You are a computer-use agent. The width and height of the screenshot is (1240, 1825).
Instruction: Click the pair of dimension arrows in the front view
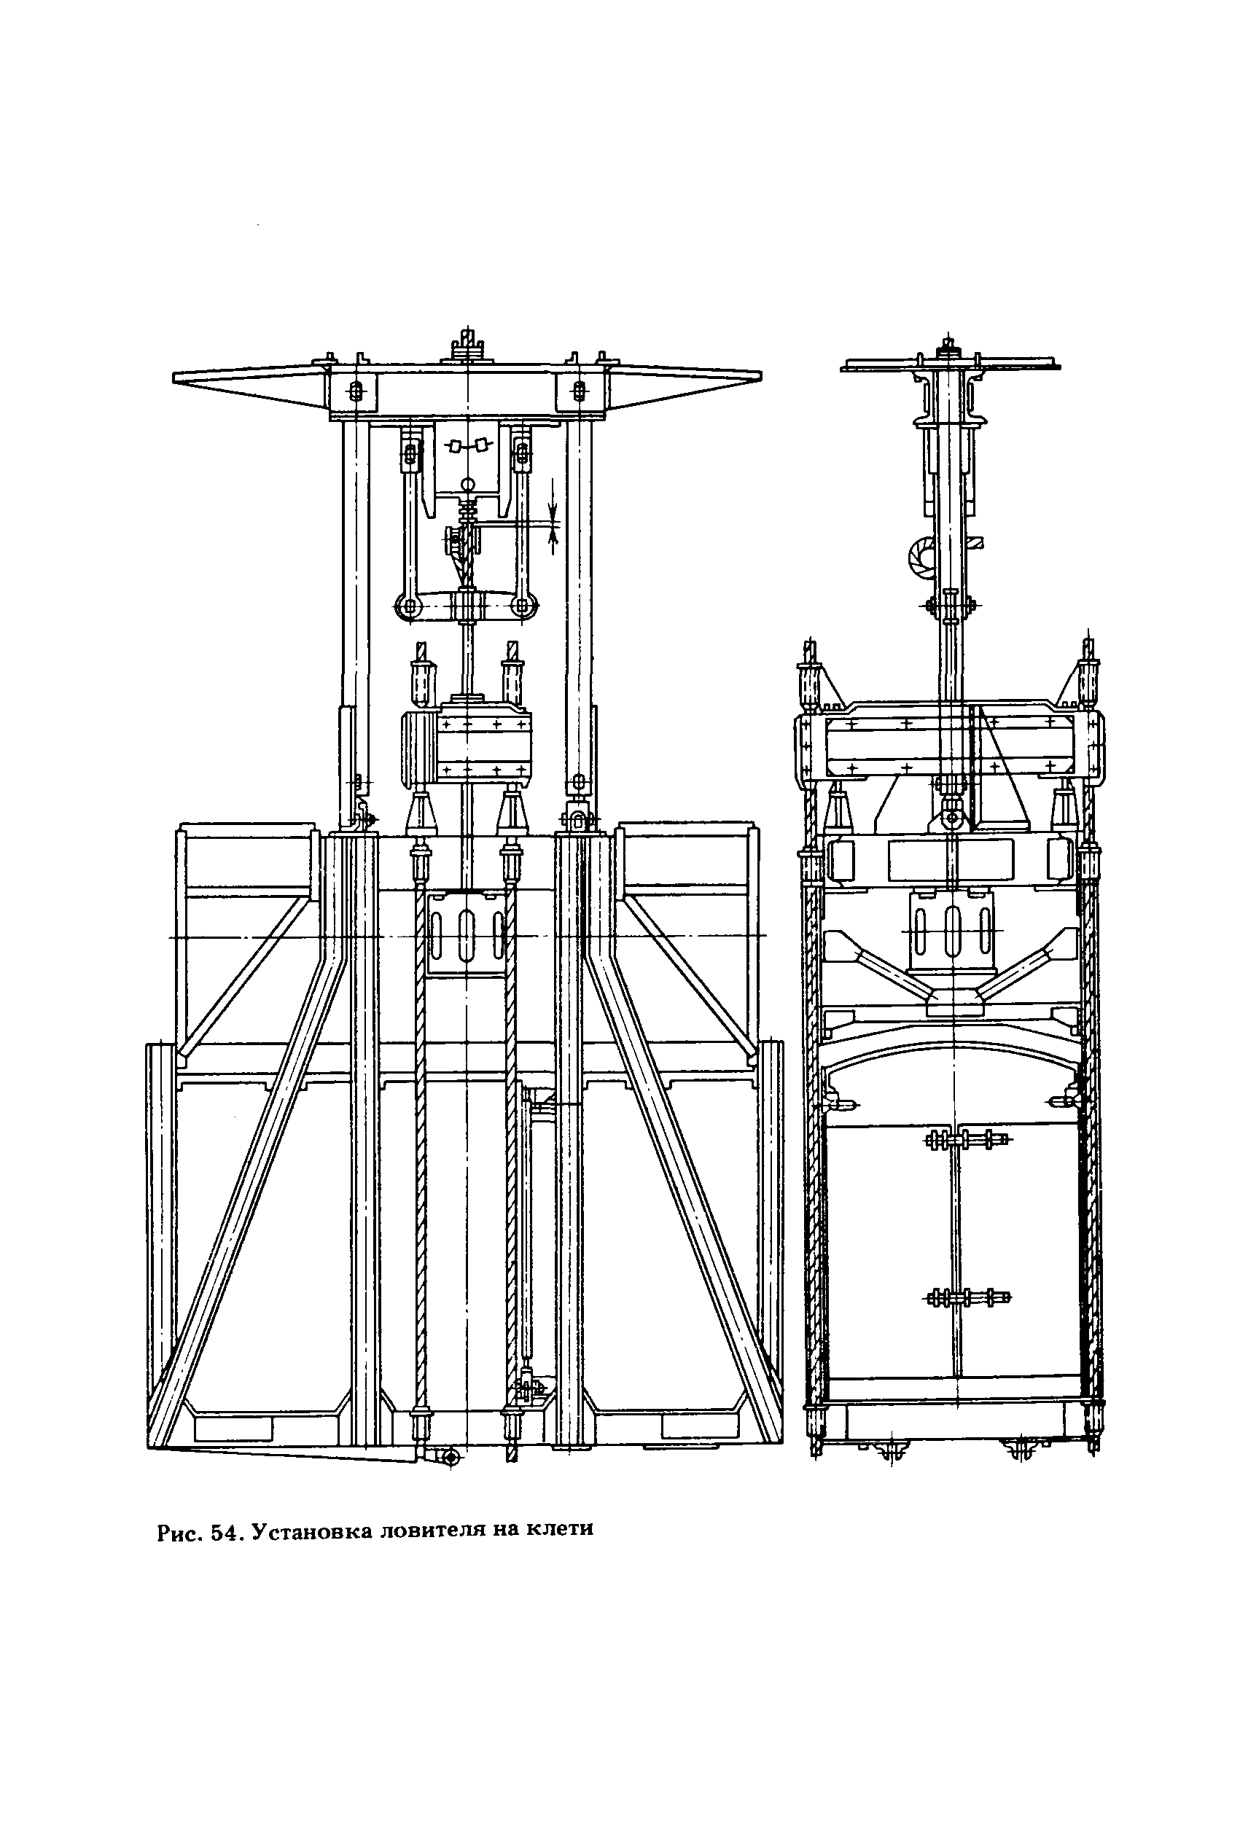[x=553, y=516]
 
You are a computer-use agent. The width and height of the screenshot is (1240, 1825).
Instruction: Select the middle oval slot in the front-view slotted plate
[x=467, y=935]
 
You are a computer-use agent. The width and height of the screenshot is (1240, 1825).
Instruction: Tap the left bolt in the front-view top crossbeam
[x=356, y=391]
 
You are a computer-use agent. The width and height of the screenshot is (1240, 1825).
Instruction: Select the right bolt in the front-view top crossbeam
[x=579, y=391]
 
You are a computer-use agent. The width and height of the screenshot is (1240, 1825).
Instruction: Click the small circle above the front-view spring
[x=469, y=485]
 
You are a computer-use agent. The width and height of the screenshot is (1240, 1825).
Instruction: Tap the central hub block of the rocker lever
[x=468, y=607]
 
